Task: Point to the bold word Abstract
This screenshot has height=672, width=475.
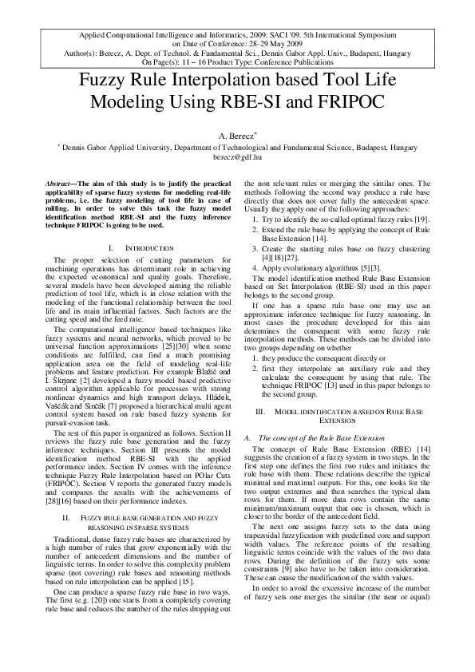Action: pyautogui.click(x=62, y=184)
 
